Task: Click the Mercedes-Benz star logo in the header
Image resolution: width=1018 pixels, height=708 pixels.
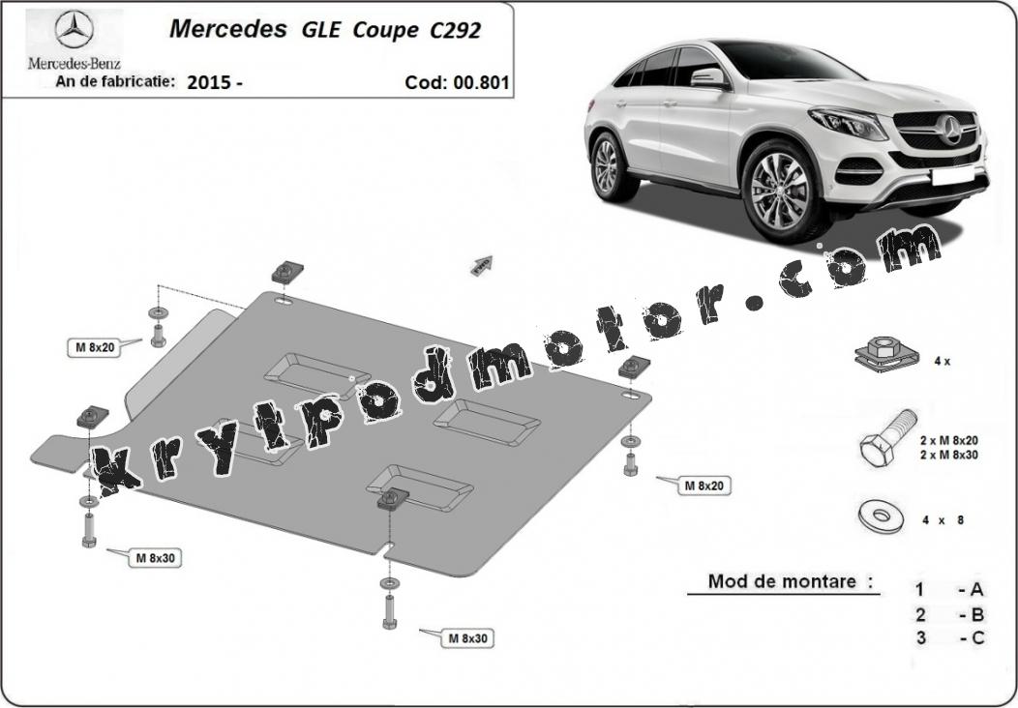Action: click(x=74, y=30)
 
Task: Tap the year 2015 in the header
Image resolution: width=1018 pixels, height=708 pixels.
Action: click(x=209, y=82)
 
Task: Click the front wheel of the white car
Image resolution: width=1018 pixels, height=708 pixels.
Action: click(x=779, y=191)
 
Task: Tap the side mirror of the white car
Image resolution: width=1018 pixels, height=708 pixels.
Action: click(x=708, y=78)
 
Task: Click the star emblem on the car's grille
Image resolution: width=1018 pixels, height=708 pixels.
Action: click(x=950, y=129)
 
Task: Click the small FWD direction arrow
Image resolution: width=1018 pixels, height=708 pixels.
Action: click(x=482, y=265)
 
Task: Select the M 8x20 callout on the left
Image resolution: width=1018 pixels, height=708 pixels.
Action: click(x=95, y=347)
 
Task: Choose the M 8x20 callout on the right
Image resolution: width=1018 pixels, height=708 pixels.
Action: click(x=704, y=485)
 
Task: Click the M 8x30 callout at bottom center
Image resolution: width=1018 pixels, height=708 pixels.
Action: click(x=467, y=638)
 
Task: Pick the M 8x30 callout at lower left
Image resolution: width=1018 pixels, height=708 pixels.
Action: click(x=155, y=557)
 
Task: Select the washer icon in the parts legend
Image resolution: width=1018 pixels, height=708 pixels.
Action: click(x=880, y=516)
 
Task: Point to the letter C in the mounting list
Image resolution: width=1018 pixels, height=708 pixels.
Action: click(x=977, y=638)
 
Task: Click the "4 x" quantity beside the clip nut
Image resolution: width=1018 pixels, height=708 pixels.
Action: click(x=943, y=362)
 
